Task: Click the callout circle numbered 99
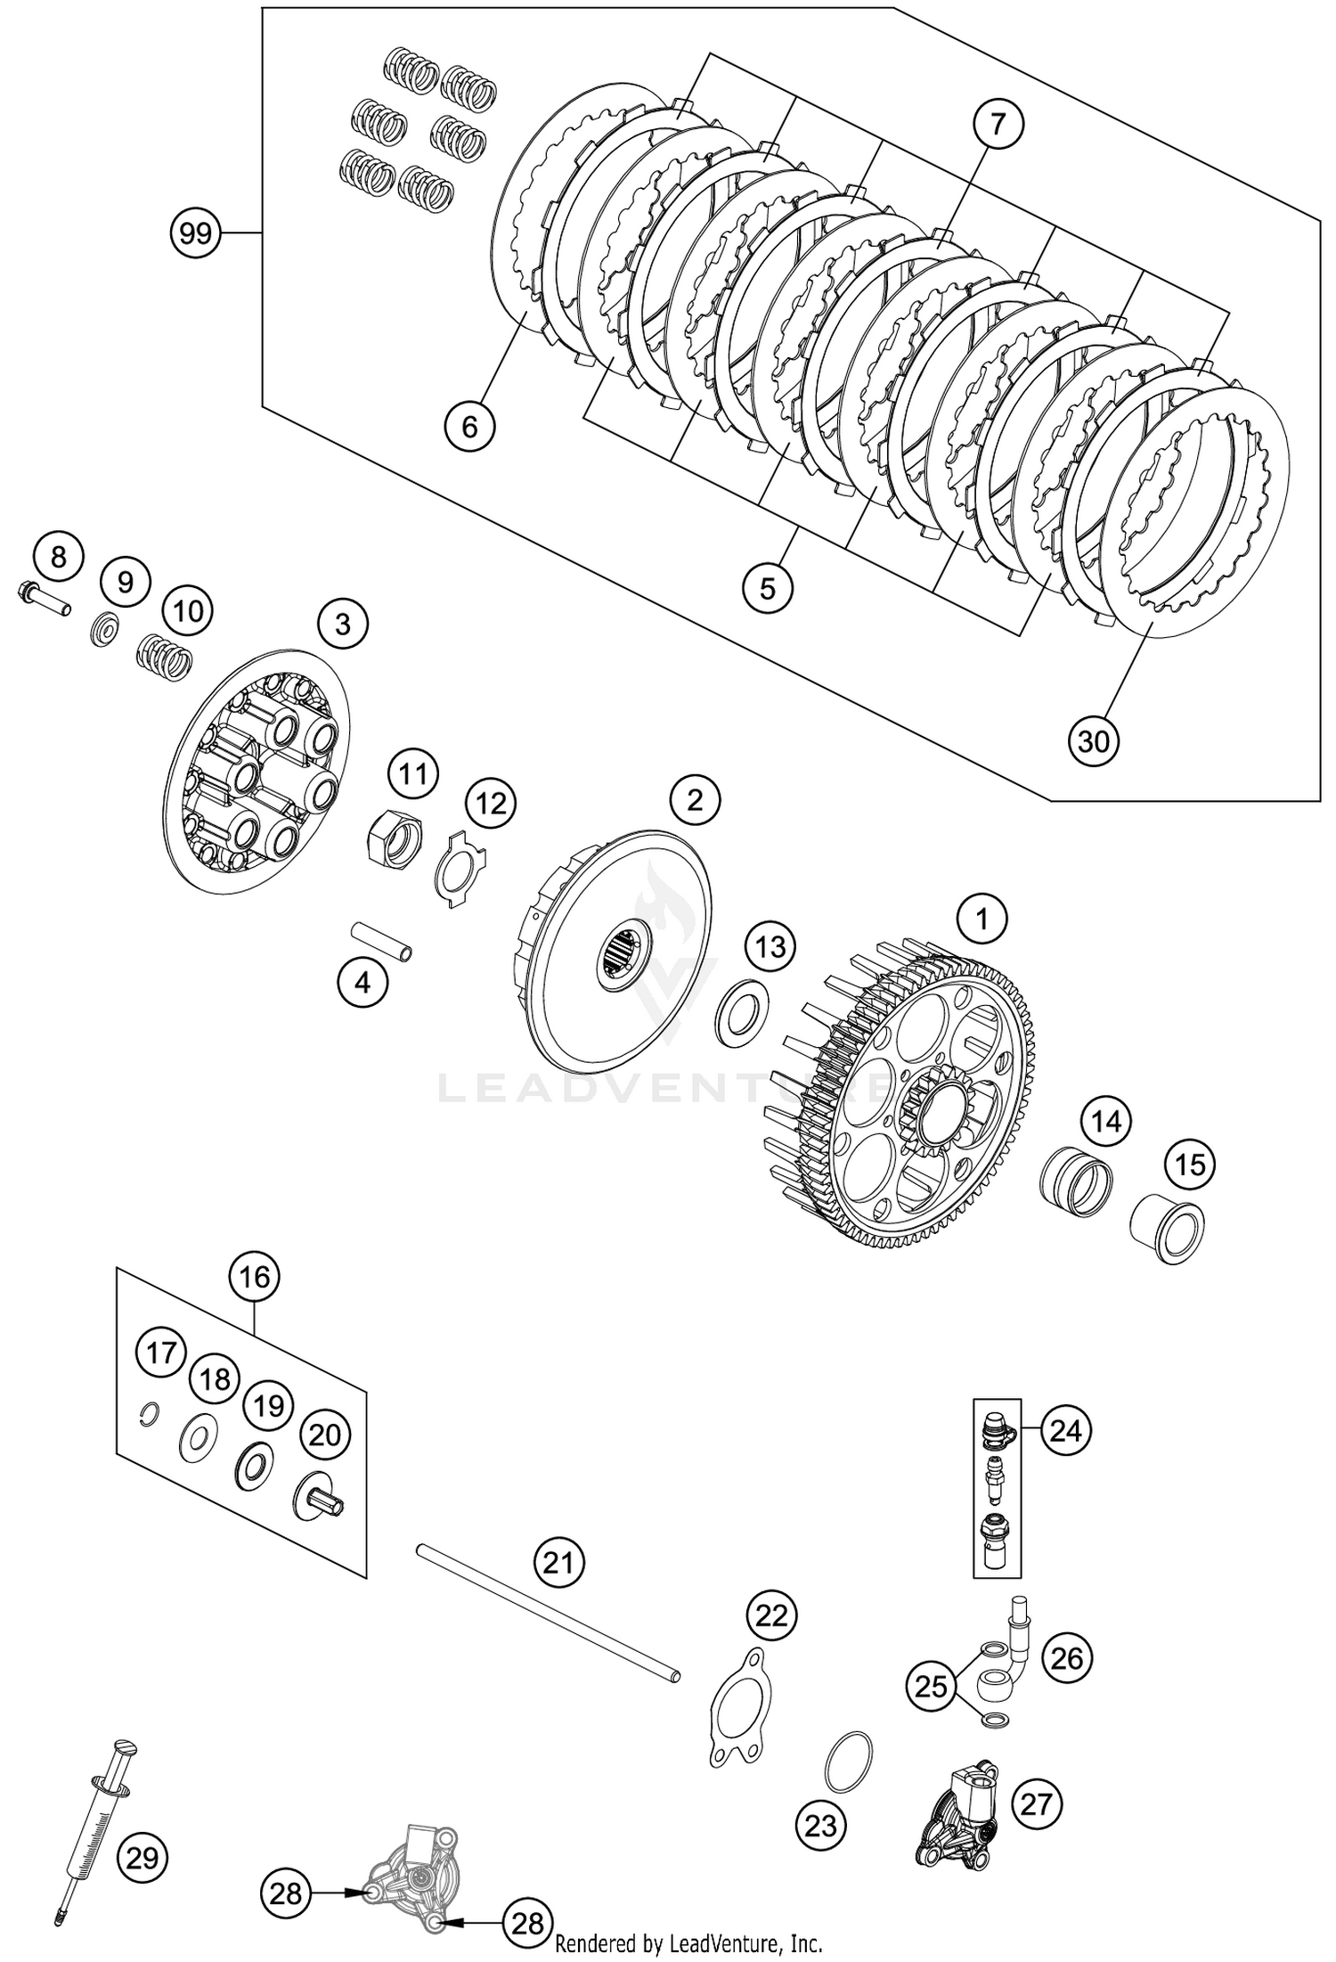(195, 233)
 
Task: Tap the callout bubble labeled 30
(1094, 740)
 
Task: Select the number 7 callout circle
(997, 123)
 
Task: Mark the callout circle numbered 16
(254, 1276)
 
